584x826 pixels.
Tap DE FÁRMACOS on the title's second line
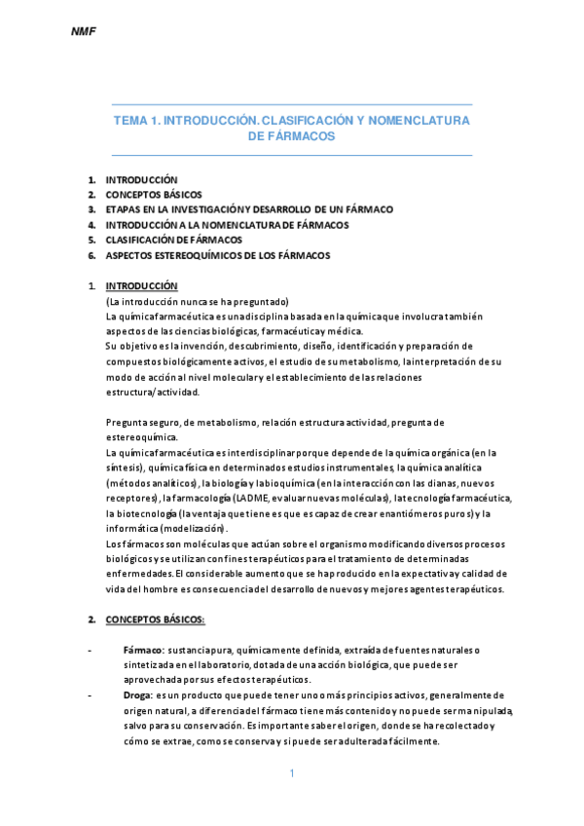pyautogui.click(x=292, y=137)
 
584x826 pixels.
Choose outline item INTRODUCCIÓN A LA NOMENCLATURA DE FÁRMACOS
pyautogui.click(x=227, y=224)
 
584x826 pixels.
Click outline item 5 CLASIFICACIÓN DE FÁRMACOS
pyautogui.click(x=174, y=240)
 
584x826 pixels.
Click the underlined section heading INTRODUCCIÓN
pyautogui.click(x=141, y=286)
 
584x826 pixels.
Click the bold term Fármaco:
pyautogui.click(x=142, y=650)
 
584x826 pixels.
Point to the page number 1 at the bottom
pyautogui.click(x=291, y=773)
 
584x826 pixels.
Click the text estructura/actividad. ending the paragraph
pyautogui.click(x=152, y=392)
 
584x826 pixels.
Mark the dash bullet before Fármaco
pyautogui.click(x=90, y=650)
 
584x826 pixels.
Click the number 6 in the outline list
pyautogui.click(x=91, y=255)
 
